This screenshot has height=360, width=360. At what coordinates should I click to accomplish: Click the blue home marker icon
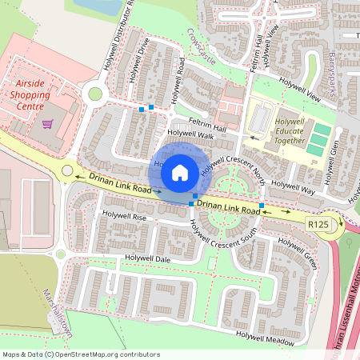[180, 172]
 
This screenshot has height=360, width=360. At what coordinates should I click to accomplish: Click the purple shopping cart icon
[47, 124]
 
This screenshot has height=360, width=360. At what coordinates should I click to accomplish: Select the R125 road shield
[318, 225]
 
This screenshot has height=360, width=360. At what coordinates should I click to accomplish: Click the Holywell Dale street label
[148, 258]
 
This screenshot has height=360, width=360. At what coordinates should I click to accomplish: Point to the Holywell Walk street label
[191, 134]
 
